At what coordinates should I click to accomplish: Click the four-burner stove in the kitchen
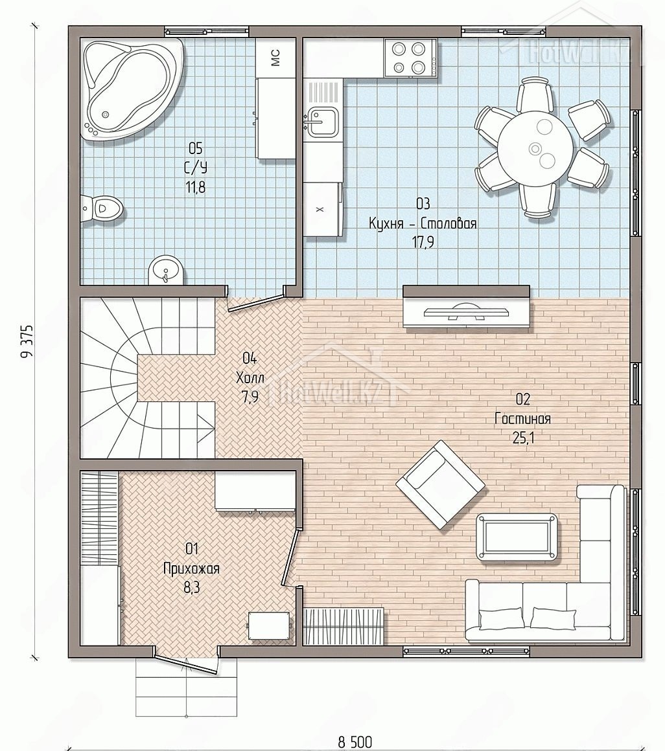(x=410, y=58)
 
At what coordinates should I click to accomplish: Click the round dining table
(x=535, y=142)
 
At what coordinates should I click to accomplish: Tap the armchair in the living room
(x=440, y=485)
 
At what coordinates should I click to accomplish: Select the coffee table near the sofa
(x=517, y=537)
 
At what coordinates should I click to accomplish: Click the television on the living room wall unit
(x=467, y=312)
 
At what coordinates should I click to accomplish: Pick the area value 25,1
(x=522, y=438)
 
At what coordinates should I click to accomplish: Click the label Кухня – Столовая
(x=423, y=223)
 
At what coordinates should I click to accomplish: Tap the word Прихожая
(x=191, y=568)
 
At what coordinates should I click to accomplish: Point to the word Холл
(x=250, y=377)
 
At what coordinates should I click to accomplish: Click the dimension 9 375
(x=27, y=341)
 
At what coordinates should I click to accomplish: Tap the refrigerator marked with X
(x=323, y=209)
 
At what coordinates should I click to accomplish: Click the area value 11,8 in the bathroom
(x=195, y=187)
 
